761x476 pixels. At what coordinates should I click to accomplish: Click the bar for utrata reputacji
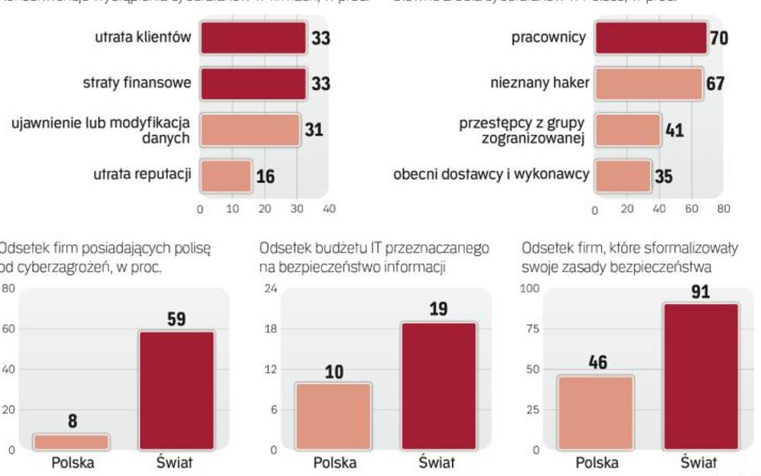click(x=226, y=175)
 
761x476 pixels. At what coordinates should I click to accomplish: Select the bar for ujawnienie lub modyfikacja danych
click(x=250, y=129)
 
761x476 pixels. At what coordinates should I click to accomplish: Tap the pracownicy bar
click(x=651, y=38)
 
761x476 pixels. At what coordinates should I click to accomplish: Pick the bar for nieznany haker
click(x=649, y=83)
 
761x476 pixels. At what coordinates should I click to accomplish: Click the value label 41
click(x=674, y=130)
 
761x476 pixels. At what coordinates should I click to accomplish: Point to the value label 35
click(x=664, y=176)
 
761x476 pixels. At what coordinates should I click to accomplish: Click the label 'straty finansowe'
click(x=137, y=83)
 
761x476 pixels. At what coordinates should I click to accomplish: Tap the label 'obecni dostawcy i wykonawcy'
click(x=491, y=173)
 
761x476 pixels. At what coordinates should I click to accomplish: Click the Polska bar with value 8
click(x=72, y=441)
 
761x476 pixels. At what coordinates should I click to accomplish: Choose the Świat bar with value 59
click(x=177, y=390)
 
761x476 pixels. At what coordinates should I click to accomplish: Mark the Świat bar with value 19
click(x=437, y=385)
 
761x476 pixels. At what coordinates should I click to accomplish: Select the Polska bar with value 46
click(x=596, y=412)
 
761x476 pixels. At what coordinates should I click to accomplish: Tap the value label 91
click(x=701, y=292)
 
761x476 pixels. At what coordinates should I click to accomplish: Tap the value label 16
click(x=265, y=176)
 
